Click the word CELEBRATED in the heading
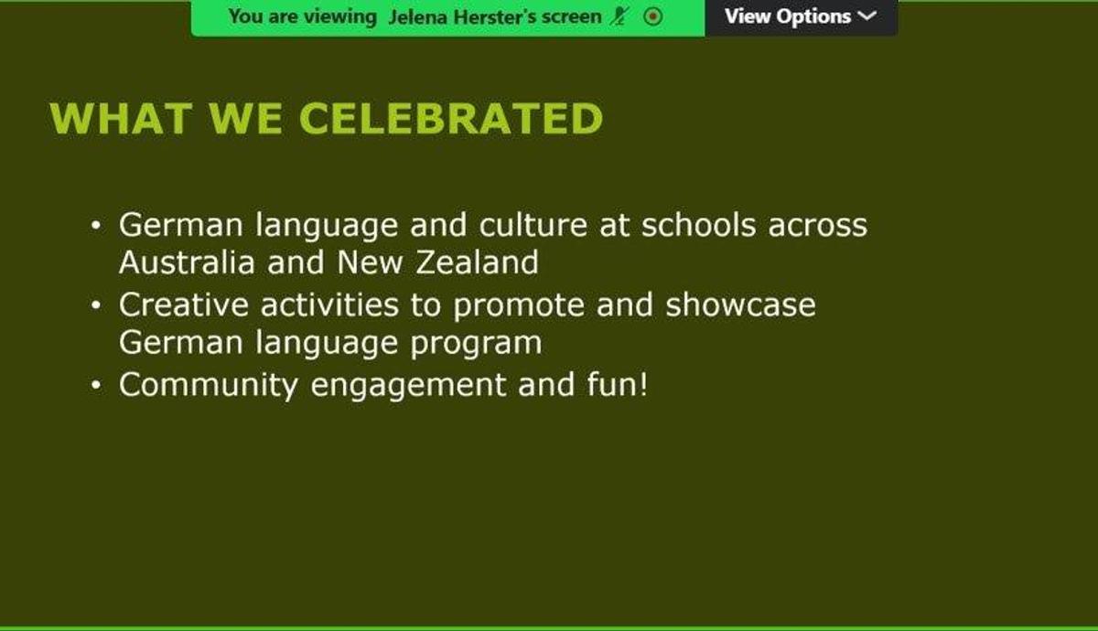click(x=451, y=118)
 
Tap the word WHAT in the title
click(x=121, y=118)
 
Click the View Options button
click(x=802, y=17)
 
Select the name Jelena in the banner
click(x=417, y=17)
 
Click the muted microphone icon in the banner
click(x=619, y=16)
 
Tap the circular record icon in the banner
click(x=653, y=16)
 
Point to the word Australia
click(x=187, y=262)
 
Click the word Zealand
click(x=477, y=262)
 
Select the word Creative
click(x=184, y=305)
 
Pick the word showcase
click(x=740, y=305)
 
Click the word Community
click(x=209, y=385)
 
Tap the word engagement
click(x=409, y=387)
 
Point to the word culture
click(x=533, y=225)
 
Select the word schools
click(x=699, y=225)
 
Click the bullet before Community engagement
click(x=96, y=385)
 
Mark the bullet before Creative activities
click(x=96, y=305)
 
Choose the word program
click(x=476, y=344)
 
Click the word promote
click(x=519, y=306)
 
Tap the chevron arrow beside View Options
click(x=867, y=16)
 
